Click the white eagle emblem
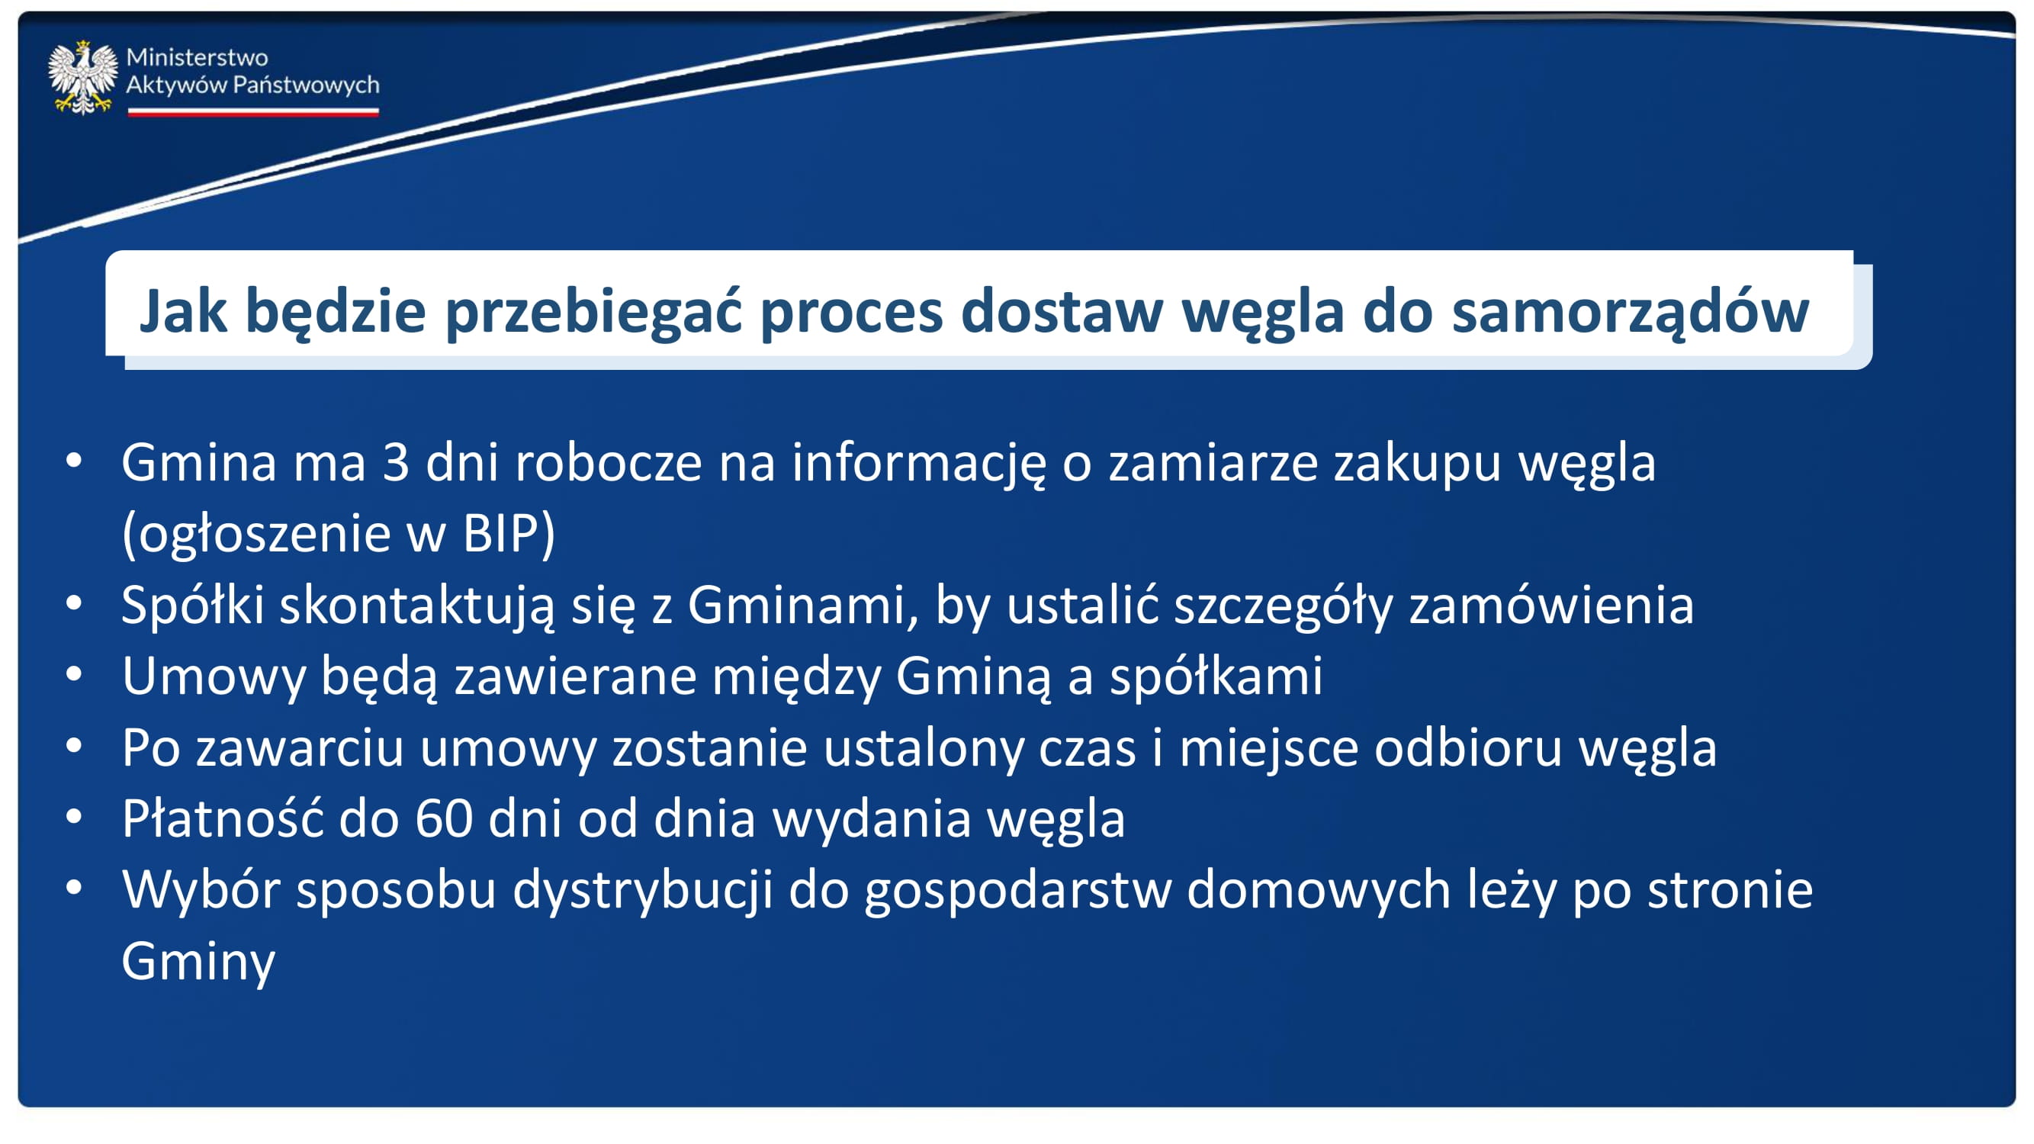tap(82, 77)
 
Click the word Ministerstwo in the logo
tap(197, 58)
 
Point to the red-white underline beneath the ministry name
tap(253, 112)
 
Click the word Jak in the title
tap(183, 312)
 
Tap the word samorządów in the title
tap(1631, 313)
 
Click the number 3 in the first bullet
tap(397, 463)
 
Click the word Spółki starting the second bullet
tap(193, 606)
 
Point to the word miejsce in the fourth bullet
tap(1269, 747)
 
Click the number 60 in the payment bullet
tap(444, 818)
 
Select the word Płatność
tap(223, 818)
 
